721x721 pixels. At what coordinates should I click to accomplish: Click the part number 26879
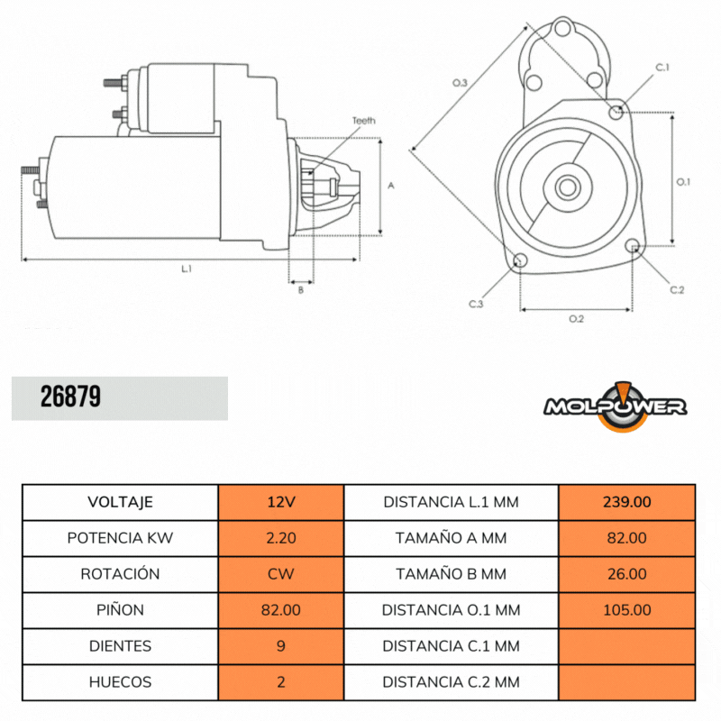[70, 397]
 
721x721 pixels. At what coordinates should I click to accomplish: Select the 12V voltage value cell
[280, 502]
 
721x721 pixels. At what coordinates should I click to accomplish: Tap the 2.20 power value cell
[280, 538]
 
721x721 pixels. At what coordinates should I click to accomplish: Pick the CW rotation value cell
[280, 574]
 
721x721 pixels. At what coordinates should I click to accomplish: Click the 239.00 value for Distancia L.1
[626, 502]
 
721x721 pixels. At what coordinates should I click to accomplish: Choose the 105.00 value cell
[626, 610]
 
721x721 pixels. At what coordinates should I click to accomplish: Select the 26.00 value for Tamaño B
[626, 574]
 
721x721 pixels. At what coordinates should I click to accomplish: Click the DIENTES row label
[120, 646]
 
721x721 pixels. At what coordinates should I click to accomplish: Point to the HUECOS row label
[120, 682]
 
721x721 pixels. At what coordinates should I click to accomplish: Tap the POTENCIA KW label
[120, 538]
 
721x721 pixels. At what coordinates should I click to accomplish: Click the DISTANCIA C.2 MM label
[451, 682]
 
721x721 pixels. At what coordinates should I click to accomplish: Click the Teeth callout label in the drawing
[363, 121]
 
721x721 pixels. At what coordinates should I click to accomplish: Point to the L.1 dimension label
[187, 269]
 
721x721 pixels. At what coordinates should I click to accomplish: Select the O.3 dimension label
[459, 83]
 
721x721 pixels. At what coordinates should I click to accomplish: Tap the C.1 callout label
[662, 68]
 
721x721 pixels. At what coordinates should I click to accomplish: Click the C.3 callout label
[476, 305]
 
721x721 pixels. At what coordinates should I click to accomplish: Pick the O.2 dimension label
[577, 319]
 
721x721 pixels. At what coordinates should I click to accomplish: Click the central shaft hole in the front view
[567, 187]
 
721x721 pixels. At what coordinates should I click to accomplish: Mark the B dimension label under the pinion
[300, 289]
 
